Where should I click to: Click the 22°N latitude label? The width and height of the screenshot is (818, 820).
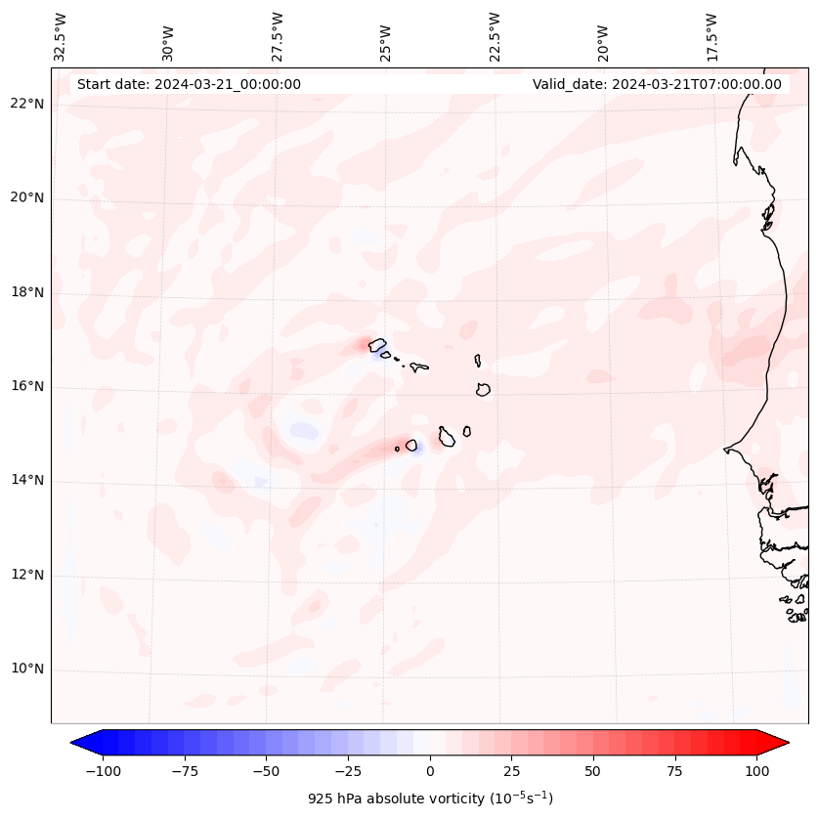(x=26, y=105)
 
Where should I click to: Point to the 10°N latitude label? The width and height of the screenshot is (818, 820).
(x=26, y=669)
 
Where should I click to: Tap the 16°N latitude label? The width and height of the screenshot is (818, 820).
(x=26, y=387)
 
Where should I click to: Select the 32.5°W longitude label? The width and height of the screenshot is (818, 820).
(x=61, y=37)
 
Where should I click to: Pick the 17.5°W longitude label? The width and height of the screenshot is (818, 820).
(x=711, y=37)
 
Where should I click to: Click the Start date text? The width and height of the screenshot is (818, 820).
(x=189, y=84)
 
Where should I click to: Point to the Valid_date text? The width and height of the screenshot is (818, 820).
(x=657, y=84)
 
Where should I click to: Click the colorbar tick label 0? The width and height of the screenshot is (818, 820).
(x=430, y=771)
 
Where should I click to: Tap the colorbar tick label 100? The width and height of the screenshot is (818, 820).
(x=756, y=771)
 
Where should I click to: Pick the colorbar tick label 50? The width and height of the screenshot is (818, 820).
(x=593, y=771)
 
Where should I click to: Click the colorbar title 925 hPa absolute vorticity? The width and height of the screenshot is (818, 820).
(x=430, y=798)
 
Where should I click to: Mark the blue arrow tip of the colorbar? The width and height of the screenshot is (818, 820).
(x=78, y=743)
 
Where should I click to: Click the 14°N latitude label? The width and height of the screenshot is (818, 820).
(x=26, y=481)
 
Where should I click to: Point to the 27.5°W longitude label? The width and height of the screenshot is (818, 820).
(x=278, y=37)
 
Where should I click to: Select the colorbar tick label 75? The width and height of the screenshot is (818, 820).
(x=675, y=771)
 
